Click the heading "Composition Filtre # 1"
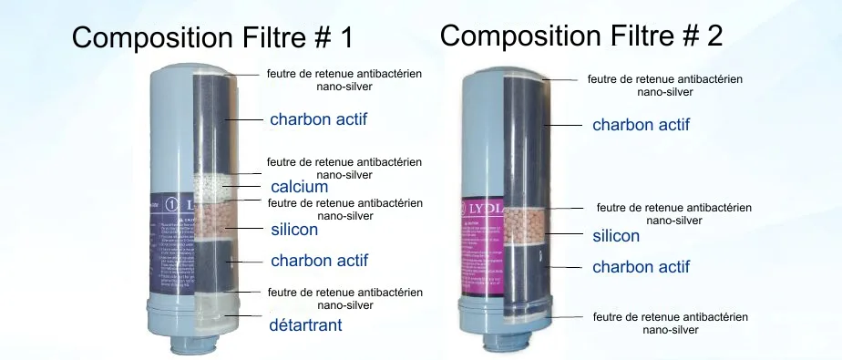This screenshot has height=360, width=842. [211, 38]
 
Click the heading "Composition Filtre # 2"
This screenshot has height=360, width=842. [581, 36]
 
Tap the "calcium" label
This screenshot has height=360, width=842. [299, 187]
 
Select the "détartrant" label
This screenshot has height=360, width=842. [305, 324]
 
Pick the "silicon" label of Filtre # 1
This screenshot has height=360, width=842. [294, 230]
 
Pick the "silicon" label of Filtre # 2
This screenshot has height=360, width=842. [616, 236]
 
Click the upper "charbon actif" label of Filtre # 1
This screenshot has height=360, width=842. [319, 119]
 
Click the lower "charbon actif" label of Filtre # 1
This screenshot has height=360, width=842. [319, 261]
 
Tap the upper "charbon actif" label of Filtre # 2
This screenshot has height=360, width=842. [641, 124]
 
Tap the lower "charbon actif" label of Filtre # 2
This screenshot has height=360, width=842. [641, 267]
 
